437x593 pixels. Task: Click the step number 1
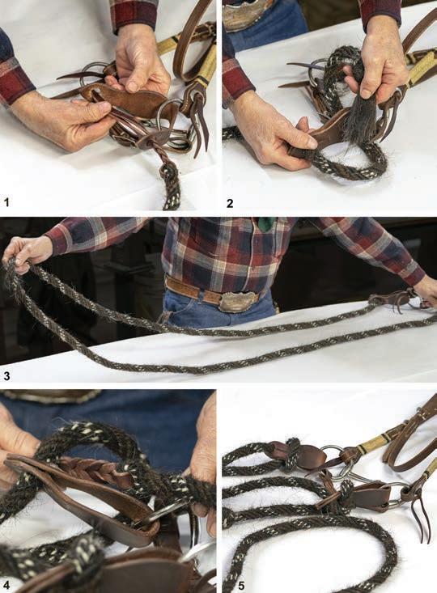point(6,202)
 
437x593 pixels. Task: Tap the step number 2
point(230,203)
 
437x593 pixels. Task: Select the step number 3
point(6,376)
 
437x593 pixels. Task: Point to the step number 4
point(6,586)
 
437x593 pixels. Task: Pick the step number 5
point(241,586)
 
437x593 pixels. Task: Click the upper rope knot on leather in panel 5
point(291,455)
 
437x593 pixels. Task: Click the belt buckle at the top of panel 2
point(246,11)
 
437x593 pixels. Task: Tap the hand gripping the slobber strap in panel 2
point(272,131)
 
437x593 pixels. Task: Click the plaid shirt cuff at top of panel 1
point(134,15)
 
